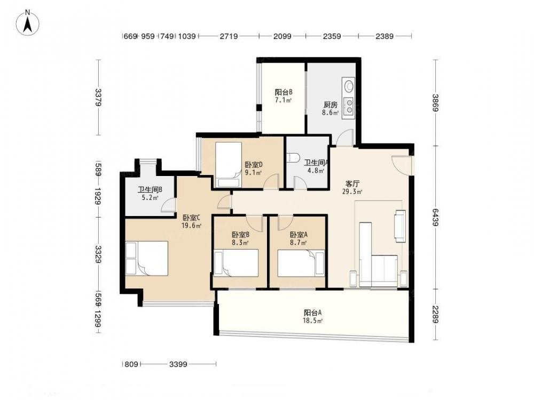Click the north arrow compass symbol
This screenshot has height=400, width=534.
pyautogui.click(x=28, y=22)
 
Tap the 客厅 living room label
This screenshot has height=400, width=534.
pyautogui.click(x=352, y=183)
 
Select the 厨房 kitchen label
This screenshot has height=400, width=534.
pyautogui.click(x=331, y=105)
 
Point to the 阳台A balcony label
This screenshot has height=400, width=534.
pyautogui.click(x=313, y=313)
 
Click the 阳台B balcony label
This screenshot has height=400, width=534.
pyautogui.click(x=284, y=92)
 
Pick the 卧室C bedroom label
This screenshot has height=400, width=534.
pyautogui.click(x=191, y=218)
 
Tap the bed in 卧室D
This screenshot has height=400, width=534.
pyautogui.click(x=229, y=165)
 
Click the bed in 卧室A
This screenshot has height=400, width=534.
pyautogui.click(x=301, y=263)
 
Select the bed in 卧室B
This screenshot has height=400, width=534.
pyautogui.click(x=236, y=263)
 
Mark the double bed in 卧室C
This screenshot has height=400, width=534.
pyautogui.click(x=147, y=258)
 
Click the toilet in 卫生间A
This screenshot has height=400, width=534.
pyautogui.click(x=293, y=158)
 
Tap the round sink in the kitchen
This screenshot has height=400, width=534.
pyautogui.click(x=349, y=85)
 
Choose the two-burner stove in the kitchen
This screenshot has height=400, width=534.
pyautogui.click(x=349, y=106)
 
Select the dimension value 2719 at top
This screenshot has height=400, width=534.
pyautogui.click(x=229, y=36)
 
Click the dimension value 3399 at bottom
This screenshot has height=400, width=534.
pyautogui.click(x=178, y=364)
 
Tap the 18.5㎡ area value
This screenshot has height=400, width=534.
pyautogui.click(x=313, y=321)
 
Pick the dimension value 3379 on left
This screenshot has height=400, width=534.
pyautogui.click(x=98, y=97)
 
